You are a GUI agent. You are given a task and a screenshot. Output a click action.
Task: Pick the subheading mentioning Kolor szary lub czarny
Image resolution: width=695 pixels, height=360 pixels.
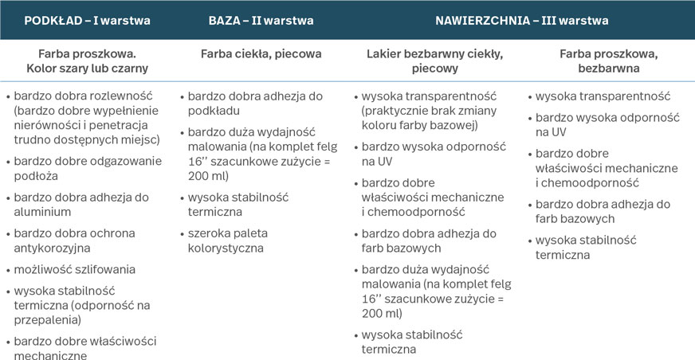coord(88,68)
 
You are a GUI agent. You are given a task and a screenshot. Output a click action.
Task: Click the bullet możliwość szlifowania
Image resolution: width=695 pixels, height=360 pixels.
coord(75,269)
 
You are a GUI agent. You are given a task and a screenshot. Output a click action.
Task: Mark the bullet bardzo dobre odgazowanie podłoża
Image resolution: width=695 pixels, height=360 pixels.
coord(88,168)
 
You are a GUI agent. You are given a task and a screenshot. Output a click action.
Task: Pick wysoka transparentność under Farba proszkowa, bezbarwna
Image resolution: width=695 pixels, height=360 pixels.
coord(603,96)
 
